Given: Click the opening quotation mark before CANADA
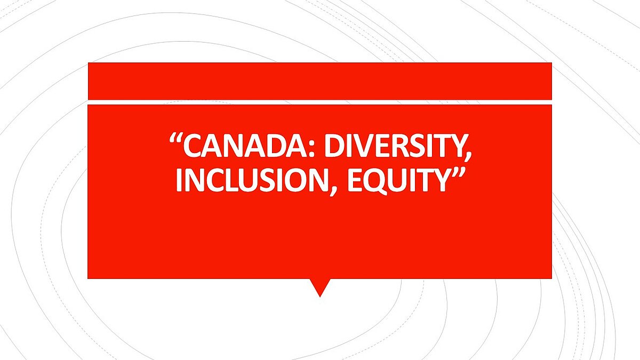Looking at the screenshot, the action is (175, 139).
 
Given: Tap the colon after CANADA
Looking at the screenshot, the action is (313, 149).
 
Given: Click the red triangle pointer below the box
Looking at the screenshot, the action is (320, 286).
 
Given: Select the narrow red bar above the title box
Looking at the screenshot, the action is (320, 81).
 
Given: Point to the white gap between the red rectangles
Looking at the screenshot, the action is (320, 102).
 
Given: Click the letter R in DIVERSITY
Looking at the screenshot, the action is (402, 146).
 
